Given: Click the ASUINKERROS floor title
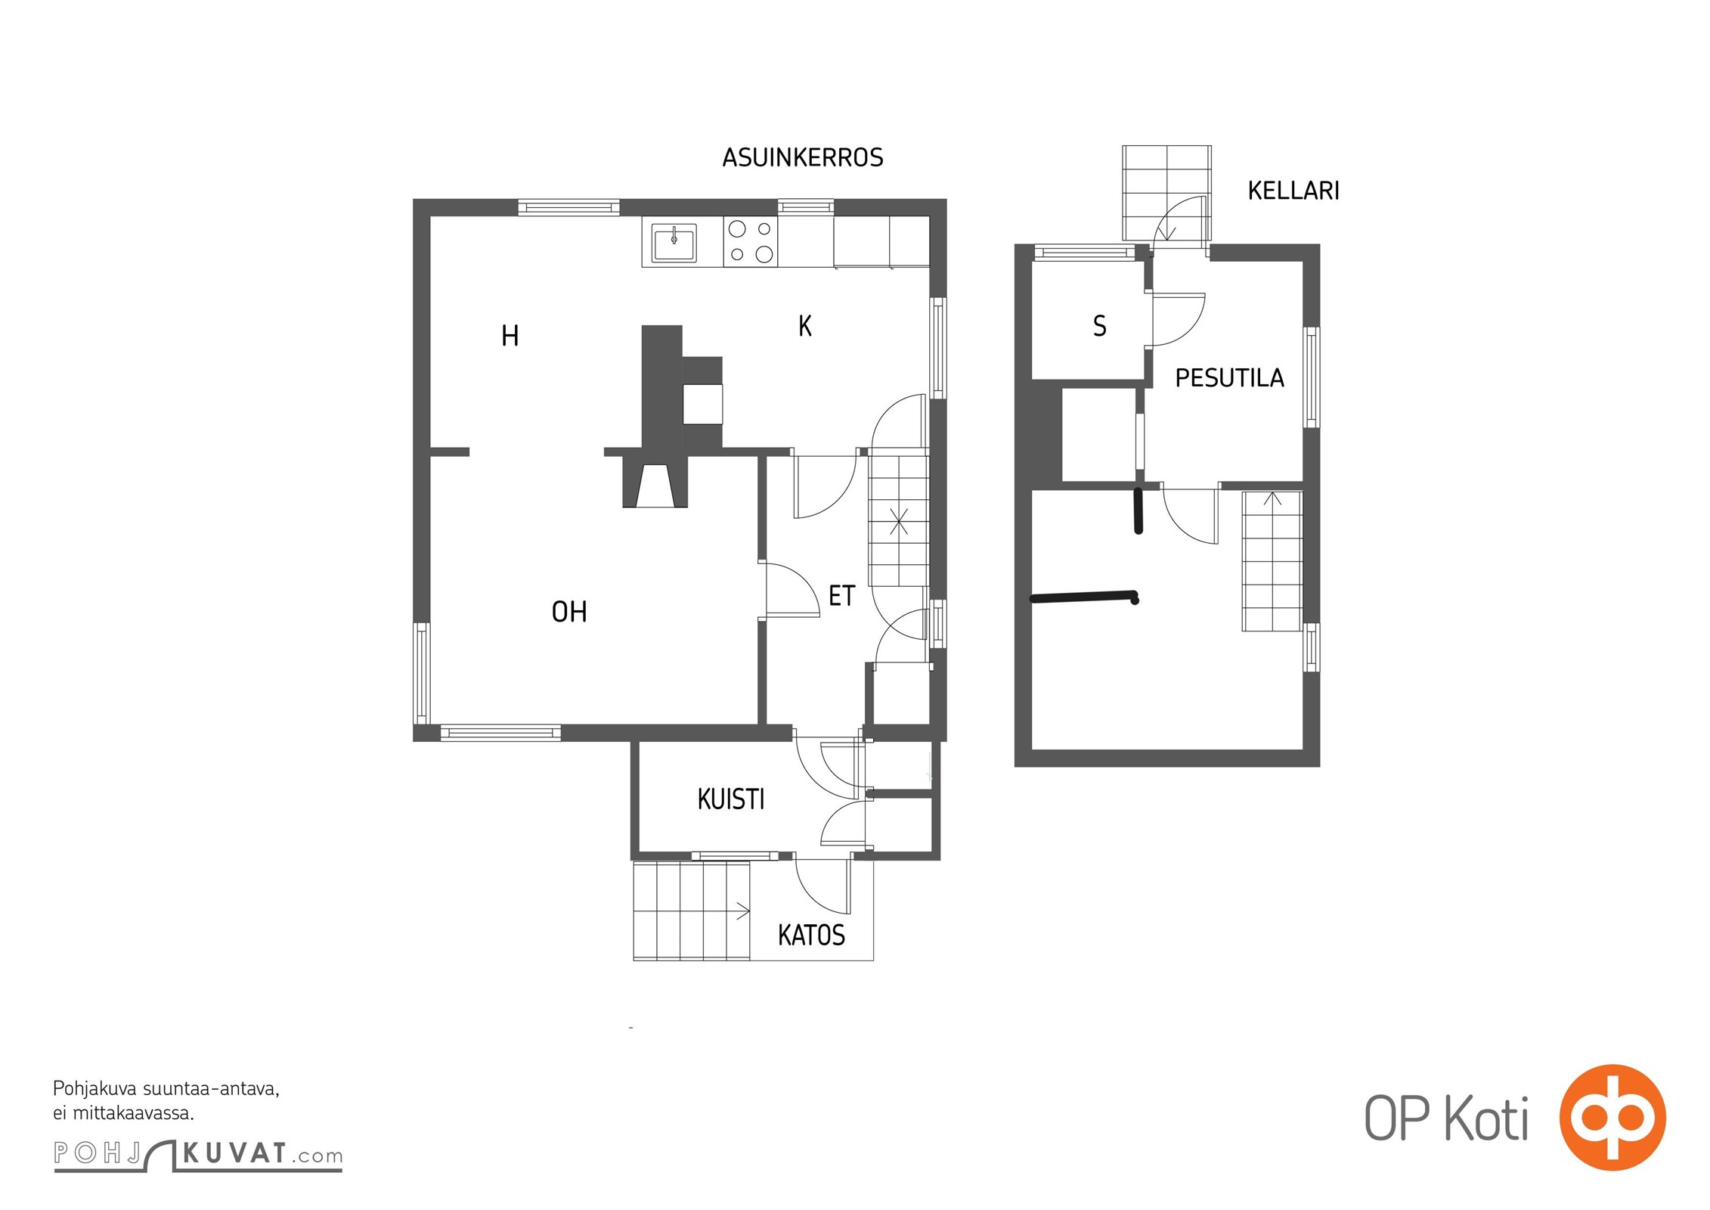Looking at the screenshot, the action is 803,157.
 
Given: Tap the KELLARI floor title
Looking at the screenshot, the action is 1293,191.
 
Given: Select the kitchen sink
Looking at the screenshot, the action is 674,242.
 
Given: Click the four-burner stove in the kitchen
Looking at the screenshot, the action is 750,241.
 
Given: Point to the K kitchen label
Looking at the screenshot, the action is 805,326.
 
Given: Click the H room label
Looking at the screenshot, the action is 510,336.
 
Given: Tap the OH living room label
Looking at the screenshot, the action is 569,612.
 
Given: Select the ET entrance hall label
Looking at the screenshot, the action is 841,596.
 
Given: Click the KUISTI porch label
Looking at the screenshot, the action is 731,799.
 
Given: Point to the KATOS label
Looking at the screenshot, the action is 811,935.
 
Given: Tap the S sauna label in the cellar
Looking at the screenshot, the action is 1100,326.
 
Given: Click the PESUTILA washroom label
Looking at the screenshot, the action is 1230,378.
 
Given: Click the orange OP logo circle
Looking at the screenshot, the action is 1612,1118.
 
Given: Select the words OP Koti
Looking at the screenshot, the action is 1446,1118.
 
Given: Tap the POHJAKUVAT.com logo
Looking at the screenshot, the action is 198,1155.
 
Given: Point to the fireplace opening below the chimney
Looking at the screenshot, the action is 655,486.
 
